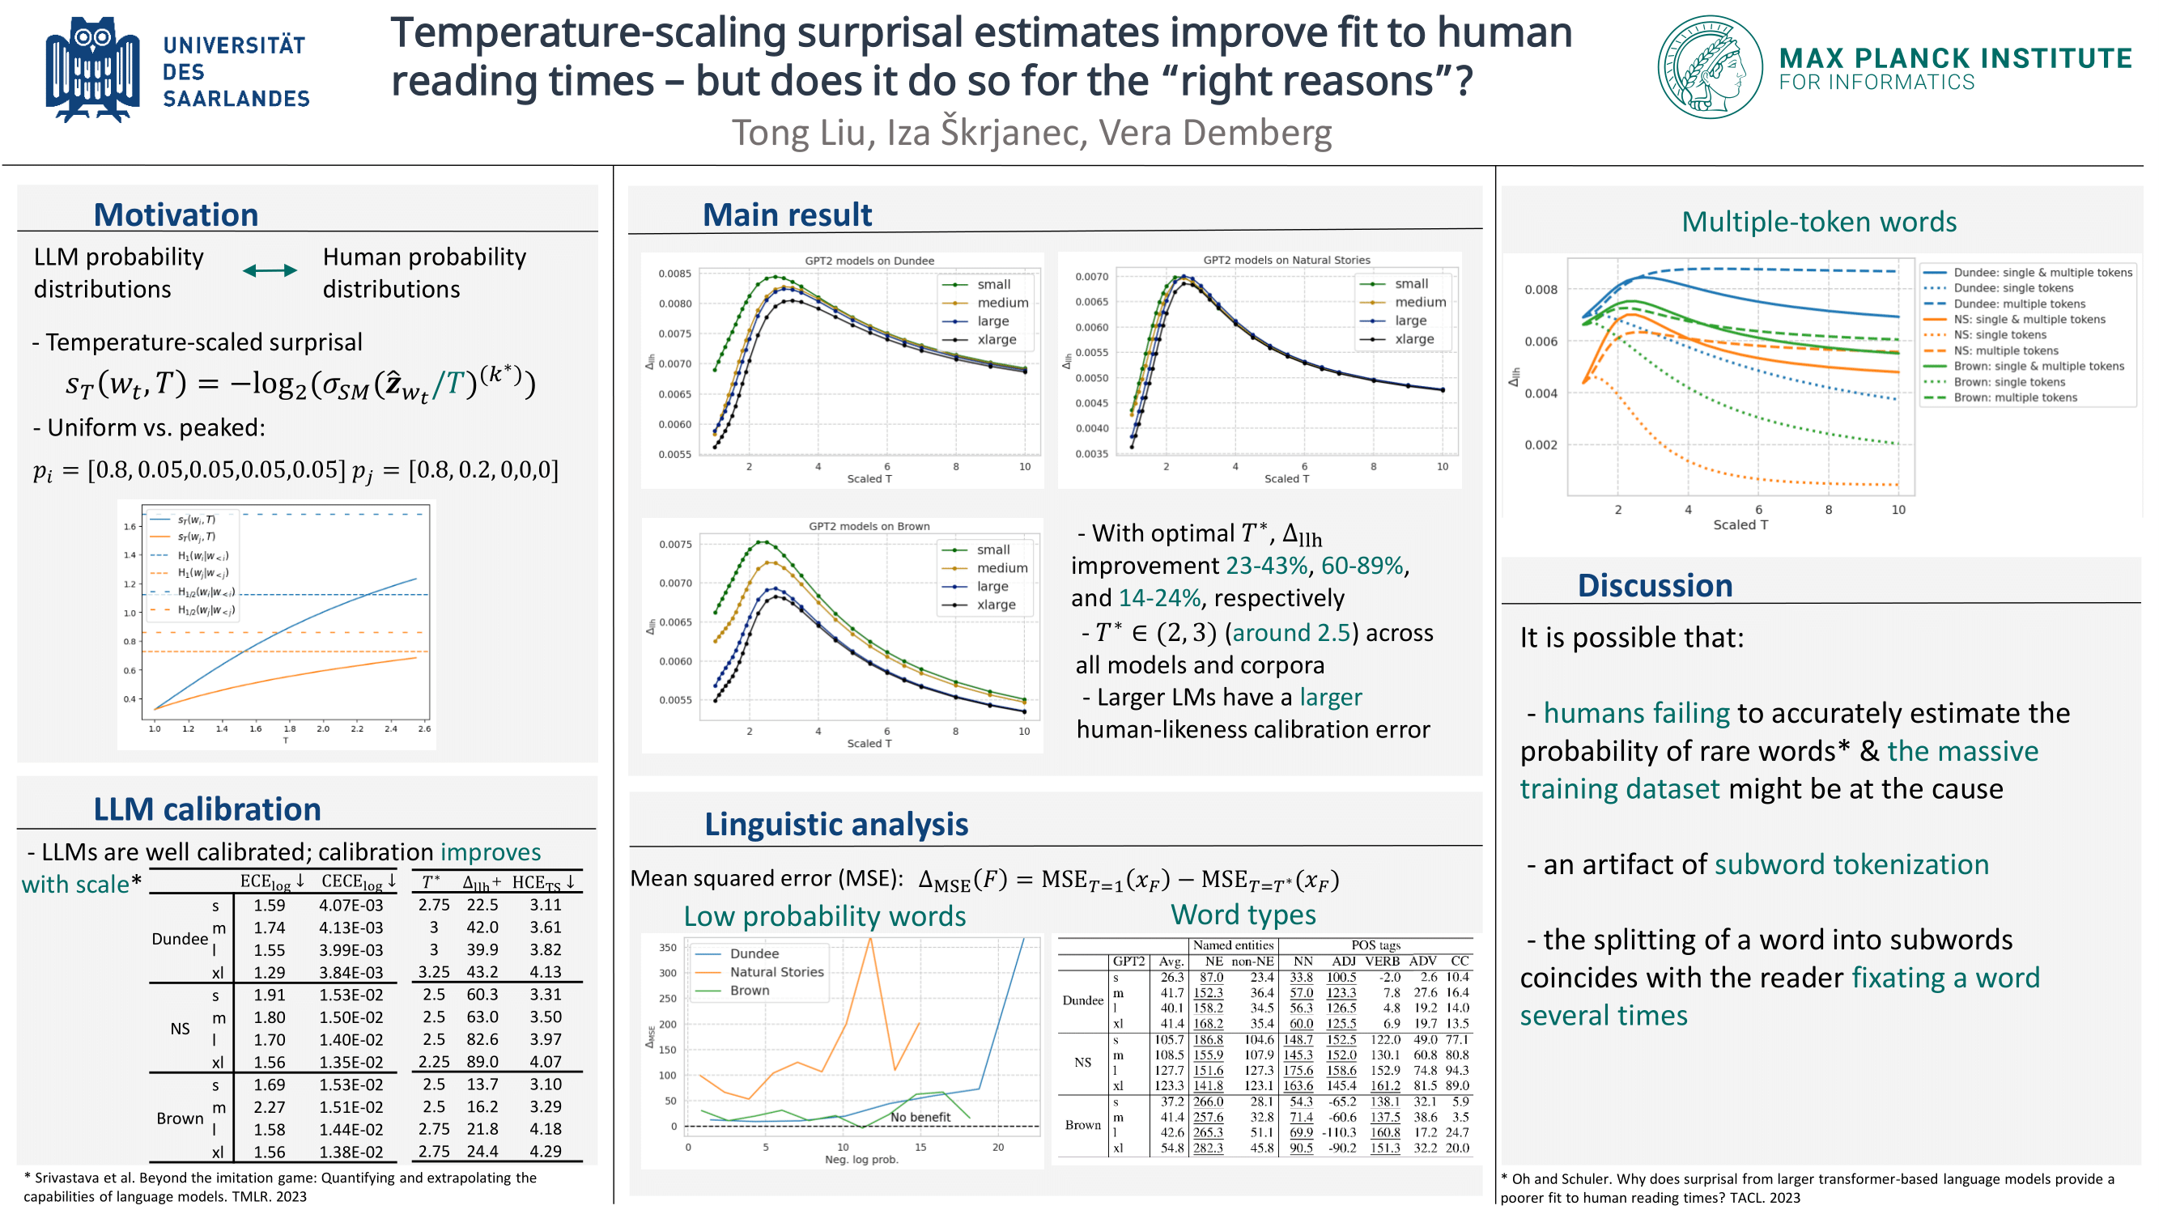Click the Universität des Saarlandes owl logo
tap(92, 70)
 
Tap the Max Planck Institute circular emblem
tap(1710, 67)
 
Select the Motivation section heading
tap(176, 215)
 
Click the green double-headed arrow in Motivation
tap(269, 270)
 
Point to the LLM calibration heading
tap(207, 810)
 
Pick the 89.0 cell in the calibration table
tap(482, 1063)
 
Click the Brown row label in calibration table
tap(180, 1119)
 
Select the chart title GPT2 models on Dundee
tap(869, 261)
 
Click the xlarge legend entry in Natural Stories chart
tap(1414, 339)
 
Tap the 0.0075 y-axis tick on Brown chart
tap(675, 545)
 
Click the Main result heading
tap(787, 215)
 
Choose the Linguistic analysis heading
tap(835, 826)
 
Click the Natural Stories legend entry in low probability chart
tap(776, 973)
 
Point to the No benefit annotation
tap(920, 1118)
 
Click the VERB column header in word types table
tap(1382, 961)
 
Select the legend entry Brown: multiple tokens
tap(2015, 398)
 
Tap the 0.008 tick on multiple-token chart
tap(1541, 290)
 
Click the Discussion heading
tap(1655, 586)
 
